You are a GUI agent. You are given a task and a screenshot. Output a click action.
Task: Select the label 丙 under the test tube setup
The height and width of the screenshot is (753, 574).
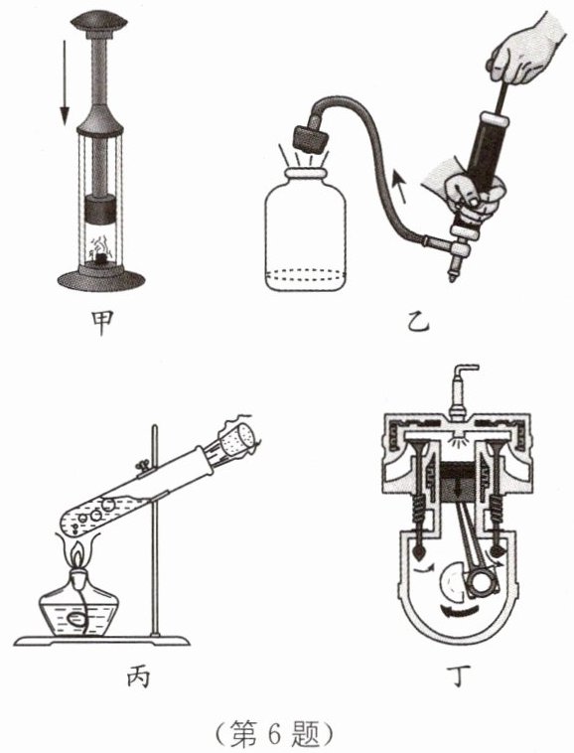(x=139, y=677)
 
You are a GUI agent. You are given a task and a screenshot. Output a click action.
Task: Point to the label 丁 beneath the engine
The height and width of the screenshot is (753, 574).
(x=458, y=676)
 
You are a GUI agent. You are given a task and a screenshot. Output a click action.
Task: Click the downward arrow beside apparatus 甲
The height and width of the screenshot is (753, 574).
(x=65, y=82)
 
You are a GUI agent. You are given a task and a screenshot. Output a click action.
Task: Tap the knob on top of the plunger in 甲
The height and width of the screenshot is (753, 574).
(x=99, y=20)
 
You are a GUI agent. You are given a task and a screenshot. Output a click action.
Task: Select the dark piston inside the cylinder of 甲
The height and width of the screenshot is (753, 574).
(x=100, y=210)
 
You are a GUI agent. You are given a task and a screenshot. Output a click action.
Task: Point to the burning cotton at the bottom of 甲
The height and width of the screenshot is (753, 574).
(x=100, y=253)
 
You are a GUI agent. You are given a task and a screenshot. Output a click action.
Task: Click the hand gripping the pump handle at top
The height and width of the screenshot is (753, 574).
(x=525, y=49)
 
